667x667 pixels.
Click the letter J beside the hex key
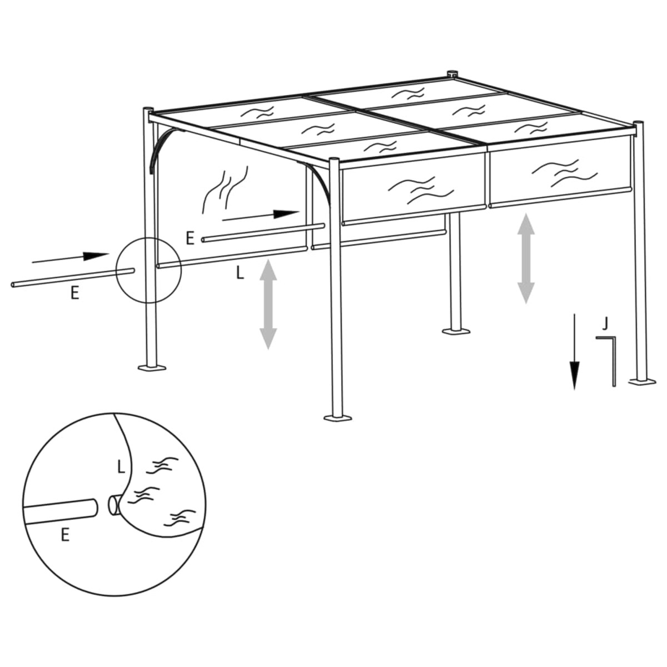click(605, 322)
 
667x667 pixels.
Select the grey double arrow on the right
click(525, 258)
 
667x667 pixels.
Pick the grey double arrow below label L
click(268, 304)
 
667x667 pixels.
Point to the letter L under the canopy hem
click(239, 273)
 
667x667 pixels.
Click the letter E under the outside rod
click(74, 293)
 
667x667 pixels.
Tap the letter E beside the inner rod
click(190, 239)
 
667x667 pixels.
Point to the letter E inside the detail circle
click(65, 535)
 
